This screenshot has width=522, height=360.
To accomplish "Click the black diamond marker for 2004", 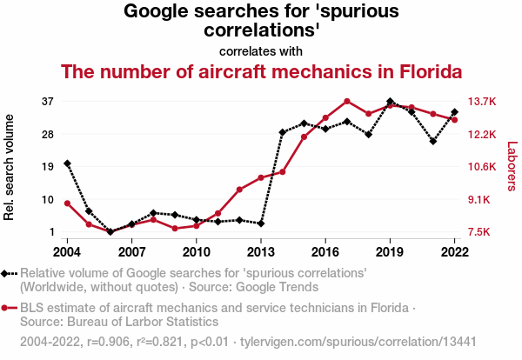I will coord(67,163).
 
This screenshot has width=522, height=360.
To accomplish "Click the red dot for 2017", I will coord(347,102).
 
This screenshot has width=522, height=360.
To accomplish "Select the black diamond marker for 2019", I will coord(390,102).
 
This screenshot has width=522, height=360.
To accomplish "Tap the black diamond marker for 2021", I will coord(433,141).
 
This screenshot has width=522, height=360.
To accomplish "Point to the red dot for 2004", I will coord(67,203).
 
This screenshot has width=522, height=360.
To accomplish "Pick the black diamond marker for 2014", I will coord(283,132).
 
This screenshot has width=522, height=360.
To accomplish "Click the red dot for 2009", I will coord(175,228).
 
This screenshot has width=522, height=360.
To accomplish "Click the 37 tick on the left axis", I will coord(49,101).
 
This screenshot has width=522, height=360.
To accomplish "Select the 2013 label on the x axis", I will coord(261,251).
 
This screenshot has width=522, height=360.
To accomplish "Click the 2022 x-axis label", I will coord(455,251).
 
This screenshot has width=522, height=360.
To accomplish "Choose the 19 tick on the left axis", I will coord(49,166).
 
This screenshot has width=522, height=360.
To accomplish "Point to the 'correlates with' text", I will coord(261,50).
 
